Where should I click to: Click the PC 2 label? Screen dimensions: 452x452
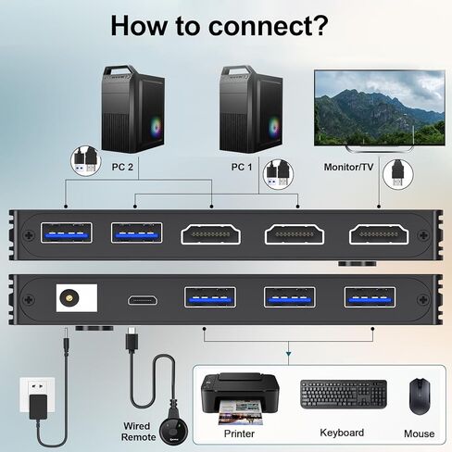[122, 167]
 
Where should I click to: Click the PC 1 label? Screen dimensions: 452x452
[242, 167]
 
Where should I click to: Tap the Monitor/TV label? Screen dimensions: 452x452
[348, 167]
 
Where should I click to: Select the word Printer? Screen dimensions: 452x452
[239, 433]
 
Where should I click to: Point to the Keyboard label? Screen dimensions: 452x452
[342, 433]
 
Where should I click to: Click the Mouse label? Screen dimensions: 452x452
[419, 433]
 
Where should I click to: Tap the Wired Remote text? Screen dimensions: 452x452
[138, 432]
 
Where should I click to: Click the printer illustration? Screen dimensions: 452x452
[240, 398]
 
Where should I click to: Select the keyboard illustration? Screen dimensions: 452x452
[344, 395]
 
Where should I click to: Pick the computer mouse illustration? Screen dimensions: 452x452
[420, 396]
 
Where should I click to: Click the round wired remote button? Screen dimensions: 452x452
[173, 431]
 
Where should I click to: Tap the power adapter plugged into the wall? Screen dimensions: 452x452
[38, 407]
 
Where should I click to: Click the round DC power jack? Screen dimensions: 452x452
[69, 298]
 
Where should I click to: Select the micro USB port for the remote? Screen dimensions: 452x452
[143, 300]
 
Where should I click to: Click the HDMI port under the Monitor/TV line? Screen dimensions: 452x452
[379, 234]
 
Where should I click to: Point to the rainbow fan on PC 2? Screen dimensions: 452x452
[156, 126]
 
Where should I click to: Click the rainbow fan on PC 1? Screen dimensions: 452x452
[274, 127]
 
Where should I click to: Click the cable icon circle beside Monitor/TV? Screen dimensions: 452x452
[398, 174]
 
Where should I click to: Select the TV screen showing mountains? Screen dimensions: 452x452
[380, 107]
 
